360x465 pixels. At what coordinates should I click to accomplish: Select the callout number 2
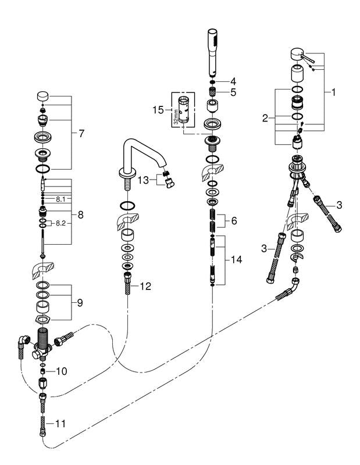(x=265, y=118)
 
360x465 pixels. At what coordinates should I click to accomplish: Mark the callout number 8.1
(x=61, y=199)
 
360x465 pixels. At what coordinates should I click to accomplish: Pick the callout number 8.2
(x=61, y=223)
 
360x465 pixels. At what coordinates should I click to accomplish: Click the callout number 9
(x=80, y=303)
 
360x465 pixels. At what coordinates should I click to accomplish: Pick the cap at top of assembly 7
(x=42, y=96)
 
